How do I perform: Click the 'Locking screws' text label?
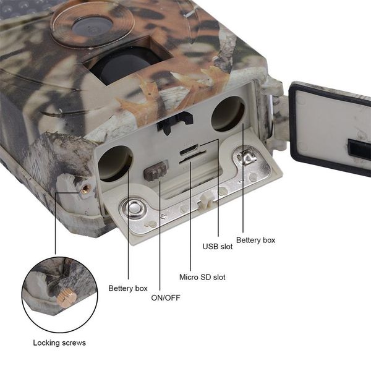click(59, 343)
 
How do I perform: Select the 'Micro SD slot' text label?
click(202, 277)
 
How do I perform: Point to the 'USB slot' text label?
click(218, 247)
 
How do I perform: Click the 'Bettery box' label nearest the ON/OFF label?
click(128, 288)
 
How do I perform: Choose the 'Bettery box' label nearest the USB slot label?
click(255, 240)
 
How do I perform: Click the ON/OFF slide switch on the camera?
click(156, 171)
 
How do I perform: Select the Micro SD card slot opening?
click(190, 159)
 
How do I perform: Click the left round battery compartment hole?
click(115, 163)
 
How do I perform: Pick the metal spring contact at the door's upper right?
click(249, 158)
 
